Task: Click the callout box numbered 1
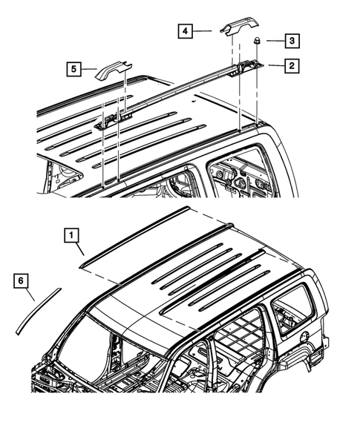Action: pyautogui.click(x=71, y=237)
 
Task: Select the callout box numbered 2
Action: pyautogui.click(x=292, y=66)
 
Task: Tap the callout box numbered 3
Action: pyautogui.click(x=292, y=40)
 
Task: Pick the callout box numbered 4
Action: pyautogui.click(x=185, y=31)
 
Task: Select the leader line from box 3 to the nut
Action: pyautogui.click(x=272, y=41)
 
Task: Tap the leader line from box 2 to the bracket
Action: pyautogui.click(x=273, y=67)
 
